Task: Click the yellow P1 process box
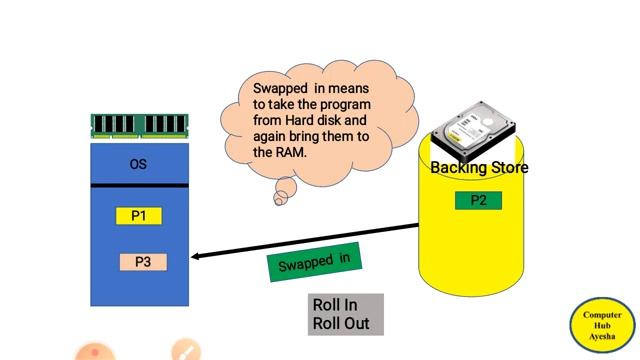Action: [138, 215]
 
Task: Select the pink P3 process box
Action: [143, 262]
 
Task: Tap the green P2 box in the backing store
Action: [478, 200]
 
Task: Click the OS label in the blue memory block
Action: [138, 164]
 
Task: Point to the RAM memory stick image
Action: [138, 125]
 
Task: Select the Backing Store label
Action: [479, 168]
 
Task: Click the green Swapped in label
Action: [314, 263]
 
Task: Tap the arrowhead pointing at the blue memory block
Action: [196, 256]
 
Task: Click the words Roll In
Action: [335, 305]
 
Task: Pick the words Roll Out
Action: [340, 324]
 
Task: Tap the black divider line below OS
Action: [138, 186]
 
